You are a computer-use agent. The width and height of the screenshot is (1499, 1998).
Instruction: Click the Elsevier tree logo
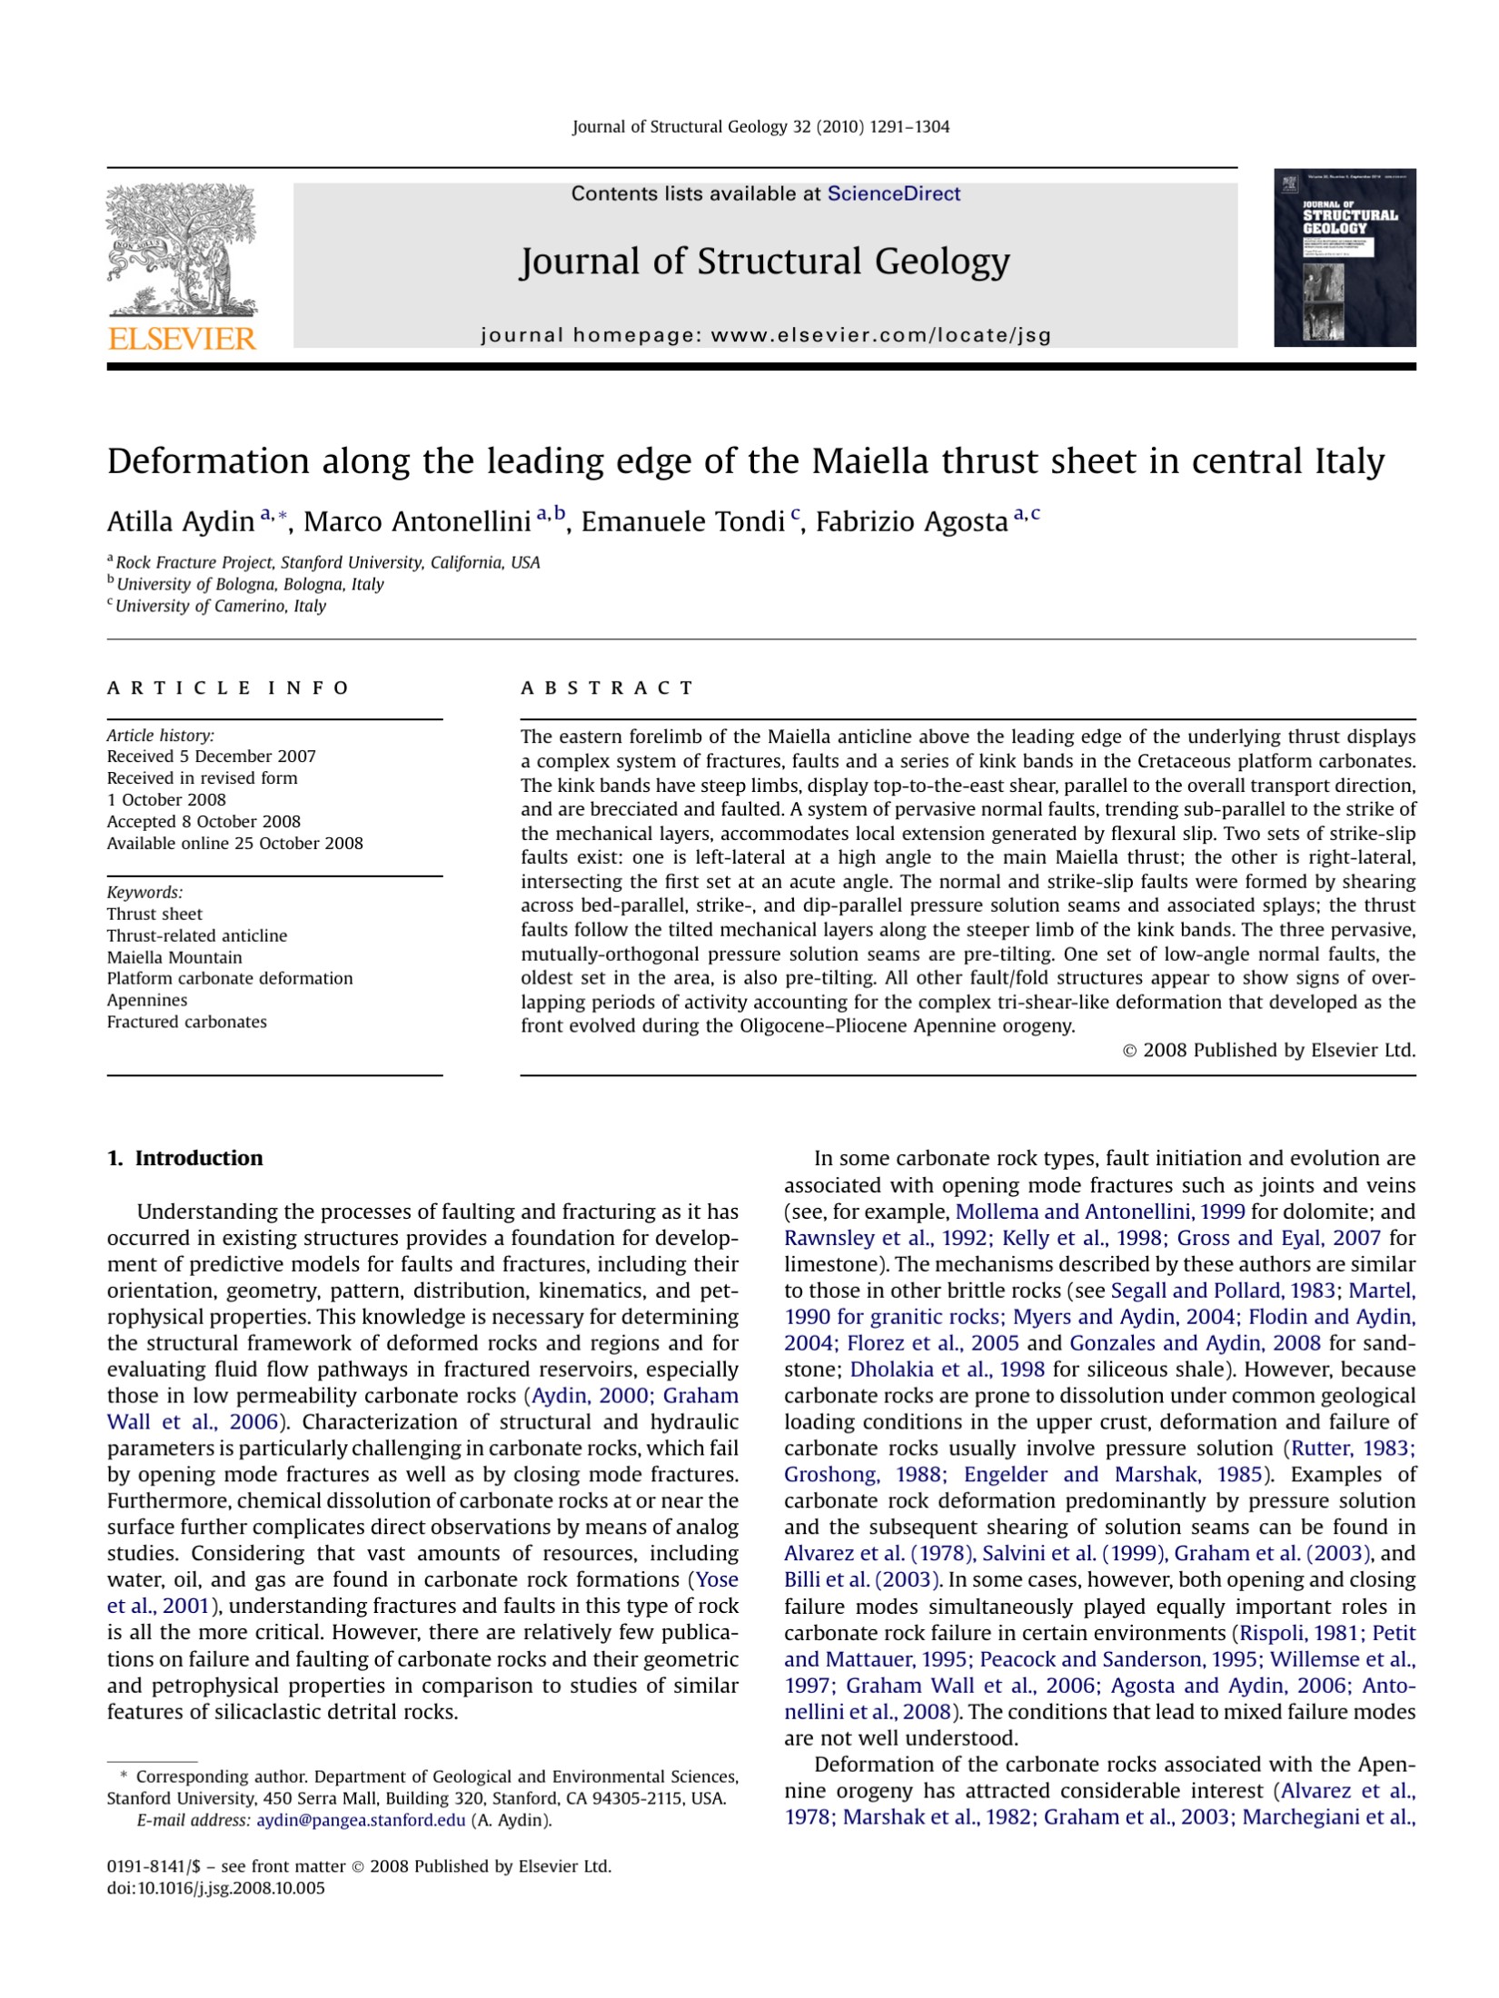pyautogui.click(x=182, y=250)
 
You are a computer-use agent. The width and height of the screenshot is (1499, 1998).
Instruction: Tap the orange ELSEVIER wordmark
pyautogui.click(x=182, y=340)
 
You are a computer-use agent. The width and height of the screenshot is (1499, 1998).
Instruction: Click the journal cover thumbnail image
pyautogui.click(x=1345, y=258)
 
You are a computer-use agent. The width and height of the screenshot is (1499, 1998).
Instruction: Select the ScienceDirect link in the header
pyautogui.click(x=893, y=193)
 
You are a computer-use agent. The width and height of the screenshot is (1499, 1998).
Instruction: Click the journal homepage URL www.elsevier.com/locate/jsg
pyautogui.click(x=880, y=335)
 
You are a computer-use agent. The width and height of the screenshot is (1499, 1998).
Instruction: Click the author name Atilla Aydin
pyautogui.click(x=180, y=522)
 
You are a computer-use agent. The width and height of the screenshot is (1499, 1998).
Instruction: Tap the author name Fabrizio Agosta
pyautogui.click(x=911, y=522)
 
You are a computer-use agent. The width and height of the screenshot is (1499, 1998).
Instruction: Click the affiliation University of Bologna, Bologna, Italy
pyautogui.click(x=250, y=584)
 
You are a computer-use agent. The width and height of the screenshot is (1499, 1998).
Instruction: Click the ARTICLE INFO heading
pyautogui.click(x=228, y=687)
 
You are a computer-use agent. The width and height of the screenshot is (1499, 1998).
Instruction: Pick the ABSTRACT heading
pyautogui.click(x=607, y=687)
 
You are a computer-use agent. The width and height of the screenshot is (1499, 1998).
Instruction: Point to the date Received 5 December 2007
pyautogui.click(x=212, y=757)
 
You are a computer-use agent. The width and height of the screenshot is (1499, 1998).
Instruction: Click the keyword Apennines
pyautogui.click(x=147, y=1000)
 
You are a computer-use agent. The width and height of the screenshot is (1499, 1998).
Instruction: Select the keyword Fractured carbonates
pyautogui.click(x=187, y=1022)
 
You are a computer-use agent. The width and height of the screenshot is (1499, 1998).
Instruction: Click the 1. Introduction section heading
pyautogui.click(x=185, y=1158)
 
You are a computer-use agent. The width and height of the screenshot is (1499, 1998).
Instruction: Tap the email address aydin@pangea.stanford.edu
pyautogui.click(x=361, y=1820)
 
